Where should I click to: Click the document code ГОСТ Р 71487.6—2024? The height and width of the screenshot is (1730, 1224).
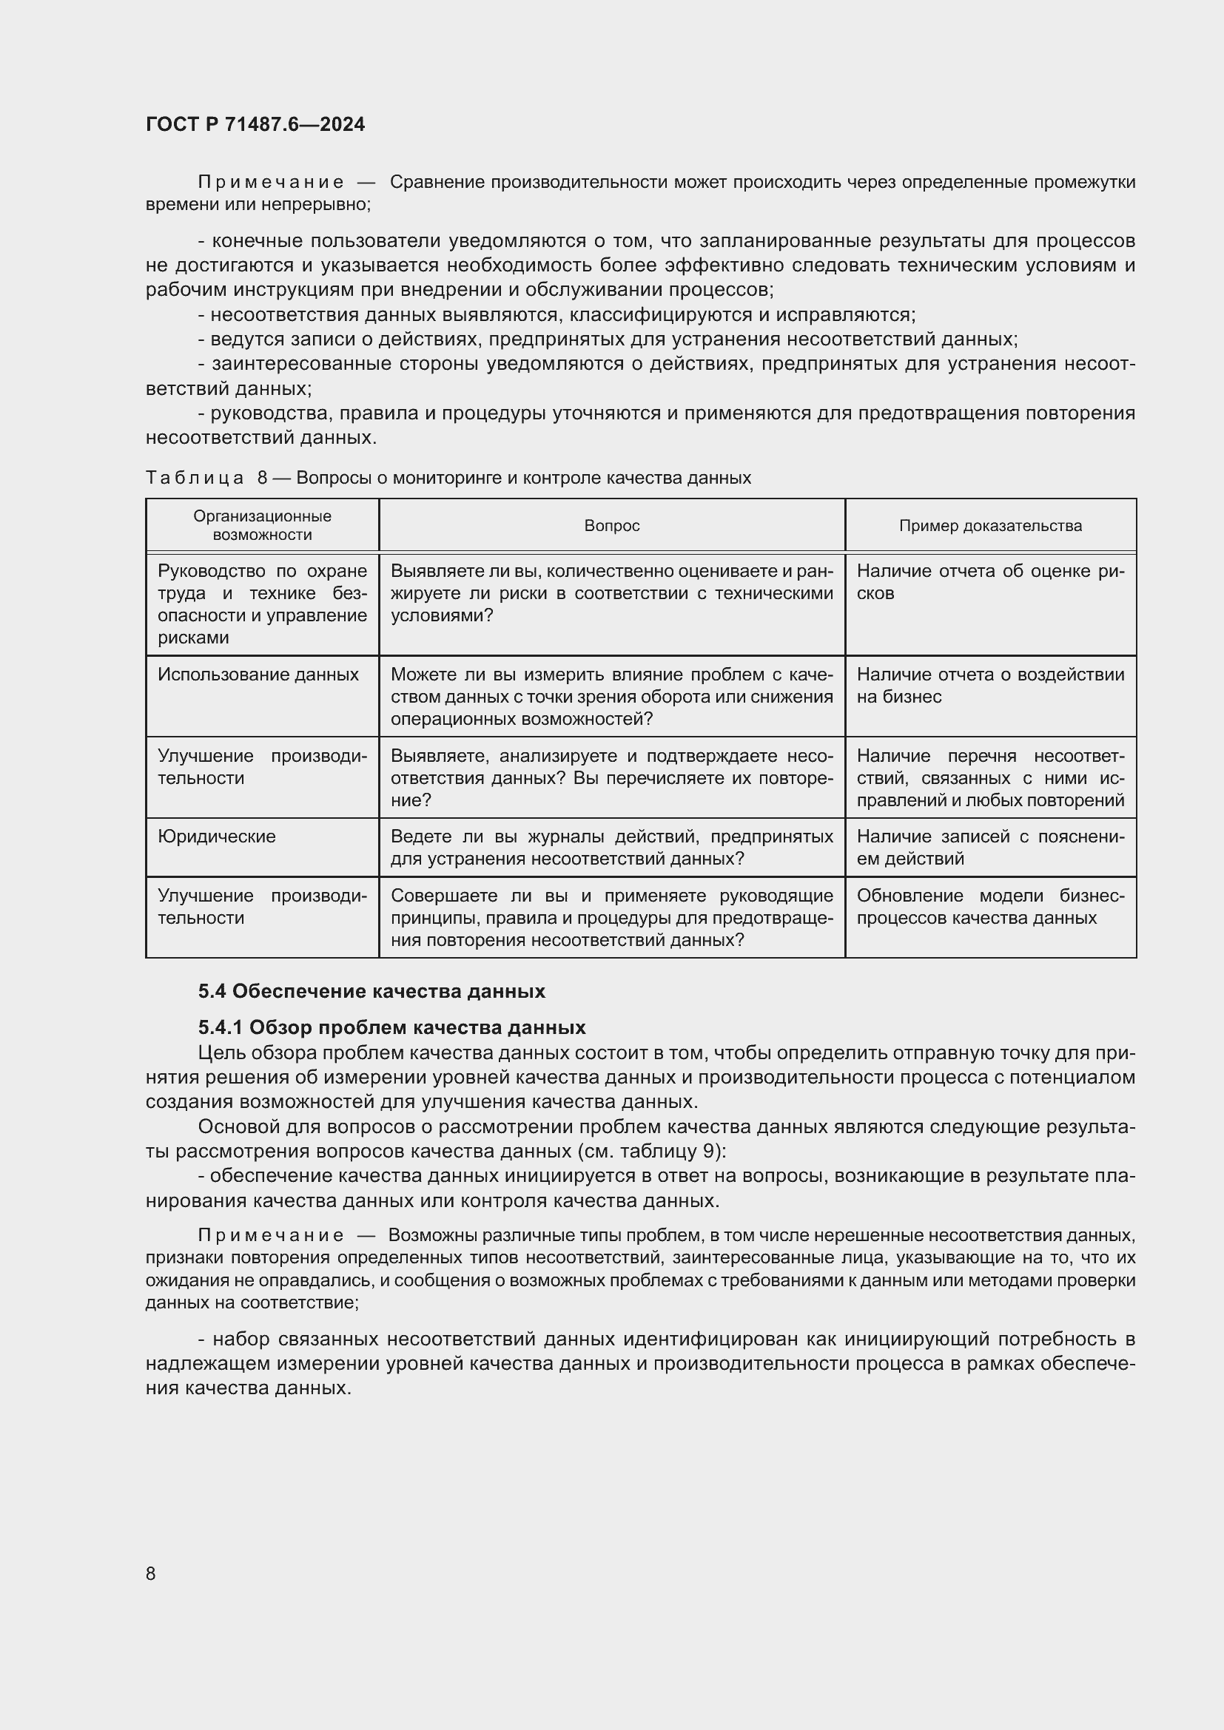tap(255, 124)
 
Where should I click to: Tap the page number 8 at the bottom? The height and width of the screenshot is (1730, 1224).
tap(151, 1573)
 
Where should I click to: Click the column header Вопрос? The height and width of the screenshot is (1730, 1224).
tap(611, 526)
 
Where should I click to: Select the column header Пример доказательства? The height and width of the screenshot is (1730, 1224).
tap(989, 526)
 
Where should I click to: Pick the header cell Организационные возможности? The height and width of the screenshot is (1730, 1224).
tap(261, 526)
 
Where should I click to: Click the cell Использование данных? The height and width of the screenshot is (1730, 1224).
tap(258, 675)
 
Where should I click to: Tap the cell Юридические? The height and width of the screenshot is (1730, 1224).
tap(216, 837)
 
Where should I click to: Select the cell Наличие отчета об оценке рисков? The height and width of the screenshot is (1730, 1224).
tap(989, 581)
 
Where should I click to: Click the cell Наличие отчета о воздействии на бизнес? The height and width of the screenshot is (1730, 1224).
tap(989, 686)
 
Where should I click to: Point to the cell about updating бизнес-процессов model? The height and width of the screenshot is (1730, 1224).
tap(989, 907)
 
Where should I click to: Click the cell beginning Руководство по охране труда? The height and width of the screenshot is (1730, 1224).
tap(261, 604)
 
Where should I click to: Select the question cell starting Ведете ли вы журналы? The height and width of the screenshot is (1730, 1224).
tap(611, 848)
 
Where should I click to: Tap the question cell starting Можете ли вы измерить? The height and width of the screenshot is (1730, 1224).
tap(611, 696)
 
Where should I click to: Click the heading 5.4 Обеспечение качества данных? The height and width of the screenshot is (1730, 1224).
tap(371, 992)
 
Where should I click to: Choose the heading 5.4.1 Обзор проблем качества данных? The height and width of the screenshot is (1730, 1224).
tap(392, 1028)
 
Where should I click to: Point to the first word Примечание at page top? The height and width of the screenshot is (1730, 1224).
tap(271, 183)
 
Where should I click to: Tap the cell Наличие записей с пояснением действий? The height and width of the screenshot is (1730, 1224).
tap(989, 848)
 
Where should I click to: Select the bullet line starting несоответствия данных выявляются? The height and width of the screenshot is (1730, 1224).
tap(556, 315)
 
